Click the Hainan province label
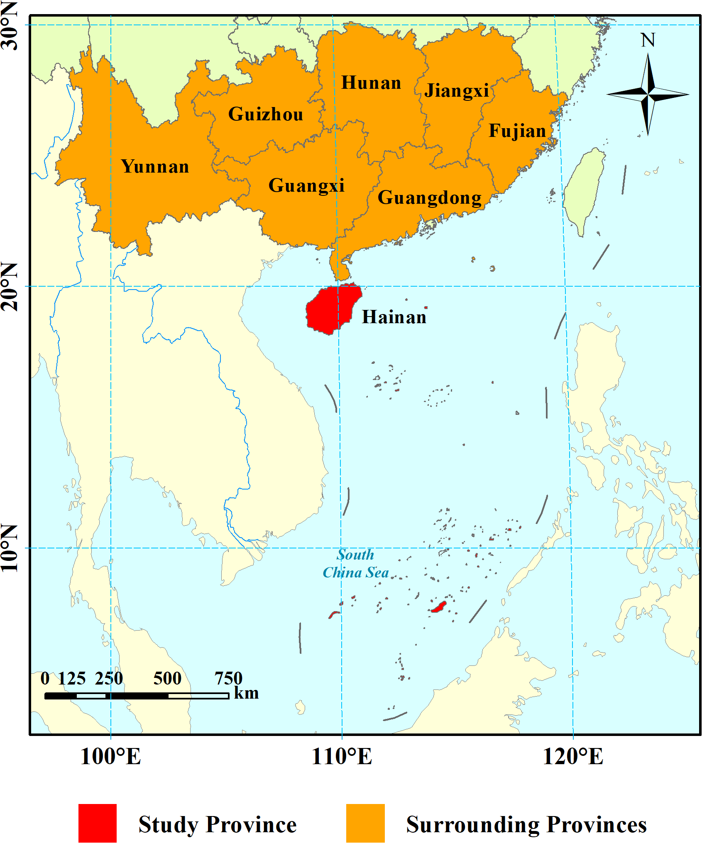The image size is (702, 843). pos(394,317)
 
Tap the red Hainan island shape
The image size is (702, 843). pos(332,309)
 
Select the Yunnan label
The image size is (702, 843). pos(155,167)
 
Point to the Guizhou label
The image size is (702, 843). pos(266,115)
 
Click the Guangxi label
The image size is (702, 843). pos(306,185)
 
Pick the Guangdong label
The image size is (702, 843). pos(430,198)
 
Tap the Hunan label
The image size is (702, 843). pos(371,83)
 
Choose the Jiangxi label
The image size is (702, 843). pos(457,91)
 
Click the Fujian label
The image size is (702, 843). pos(517,131)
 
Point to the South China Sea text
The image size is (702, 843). pos(356,564)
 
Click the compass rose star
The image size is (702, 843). pos(648,95)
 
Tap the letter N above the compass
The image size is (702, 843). pos(648,41)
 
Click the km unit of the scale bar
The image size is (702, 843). pos(247,693)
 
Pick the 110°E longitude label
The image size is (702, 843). pos(342,756)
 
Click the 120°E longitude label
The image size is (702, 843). pos(573,756)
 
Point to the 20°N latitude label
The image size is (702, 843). pos(10,286)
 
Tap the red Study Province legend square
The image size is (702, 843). pos(98,823)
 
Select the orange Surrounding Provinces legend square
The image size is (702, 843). pos(365,823)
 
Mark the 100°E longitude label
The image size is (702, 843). pos(110,756)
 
